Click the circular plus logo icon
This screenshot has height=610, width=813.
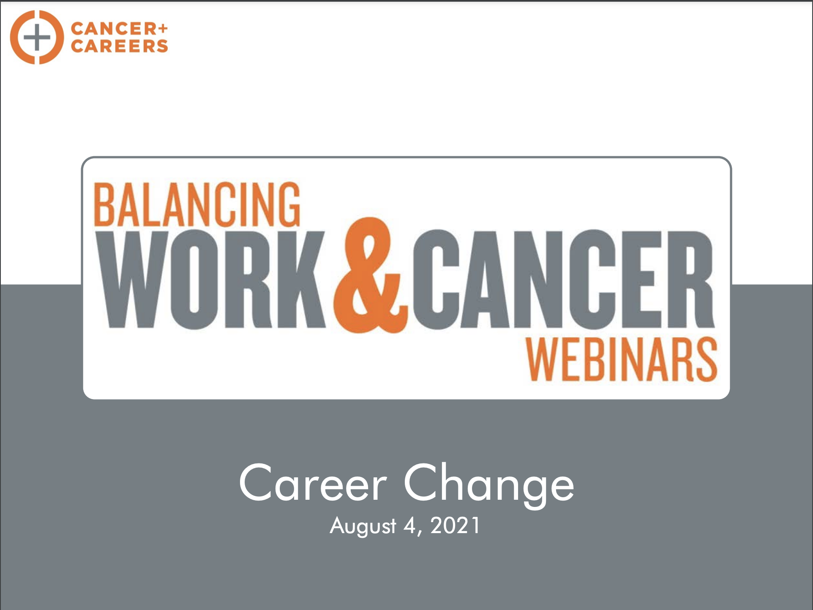tap(37, 37)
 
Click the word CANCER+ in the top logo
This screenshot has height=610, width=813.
tap(120, 29)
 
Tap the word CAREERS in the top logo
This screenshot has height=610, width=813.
tap(120, 46)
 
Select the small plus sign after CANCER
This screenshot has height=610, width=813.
tap(164, 28)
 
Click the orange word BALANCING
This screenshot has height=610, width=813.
tap(197, 204)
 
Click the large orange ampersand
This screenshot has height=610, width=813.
tap(371, 275)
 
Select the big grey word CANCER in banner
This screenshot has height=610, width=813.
tap(564, 279)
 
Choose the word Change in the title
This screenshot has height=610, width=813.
tap(489, 485)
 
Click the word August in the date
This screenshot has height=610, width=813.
tap(363, 526)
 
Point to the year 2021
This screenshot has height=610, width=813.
tap(455, 526)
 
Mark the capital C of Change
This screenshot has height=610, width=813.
tap(423, 482)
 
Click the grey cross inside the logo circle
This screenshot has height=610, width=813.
tap(37, 37)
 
